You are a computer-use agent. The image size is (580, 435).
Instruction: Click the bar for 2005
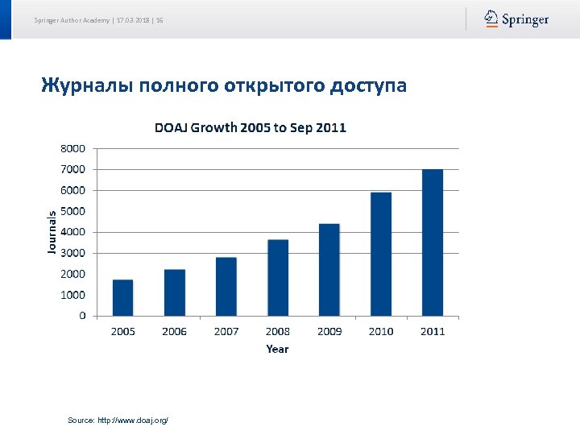tap(122, 297)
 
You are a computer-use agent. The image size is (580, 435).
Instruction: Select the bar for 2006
tap(175, 292)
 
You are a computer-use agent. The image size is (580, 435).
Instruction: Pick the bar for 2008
tap(278, 277)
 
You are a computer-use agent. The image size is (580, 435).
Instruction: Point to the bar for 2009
tap(329, 269)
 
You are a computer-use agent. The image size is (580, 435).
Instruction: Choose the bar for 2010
tap(381, 254)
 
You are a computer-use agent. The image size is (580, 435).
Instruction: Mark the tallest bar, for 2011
tap(433, 242)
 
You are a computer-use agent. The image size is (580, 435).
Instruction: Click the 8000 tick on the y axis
tap(72, 148)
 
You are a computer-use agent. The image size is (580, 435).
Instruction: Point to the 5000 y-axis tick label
tap(72, 211)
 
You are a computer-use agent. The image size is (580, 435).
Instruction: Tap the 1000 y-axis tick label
tap(72, 295)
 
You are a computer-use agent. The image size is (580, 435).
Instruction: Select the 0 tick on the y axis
tap(83, 316)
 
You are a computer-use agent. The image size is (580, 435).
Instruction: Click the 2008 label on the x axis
tap(278, 331)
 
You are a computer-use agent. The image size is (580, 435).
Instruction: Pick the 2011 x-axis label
tap(433, 331)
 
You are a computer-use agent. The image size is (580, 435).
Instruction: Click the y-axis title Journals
tap(52, 232)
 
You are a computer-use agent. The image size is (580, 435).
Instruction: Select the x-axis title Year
tap(277, 349)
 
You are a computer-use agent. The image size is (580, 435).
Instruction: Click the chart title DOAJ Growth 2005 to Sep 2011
tap(251, 127)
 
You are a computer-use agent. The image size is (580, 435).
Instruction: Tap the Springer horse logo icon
tap(491, 19)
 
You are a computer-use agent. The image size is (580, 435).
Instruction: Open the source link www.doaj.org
tap(133, 420)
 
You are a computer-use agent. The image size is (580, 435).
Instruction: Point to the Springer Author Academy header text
tap(72, 19)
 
